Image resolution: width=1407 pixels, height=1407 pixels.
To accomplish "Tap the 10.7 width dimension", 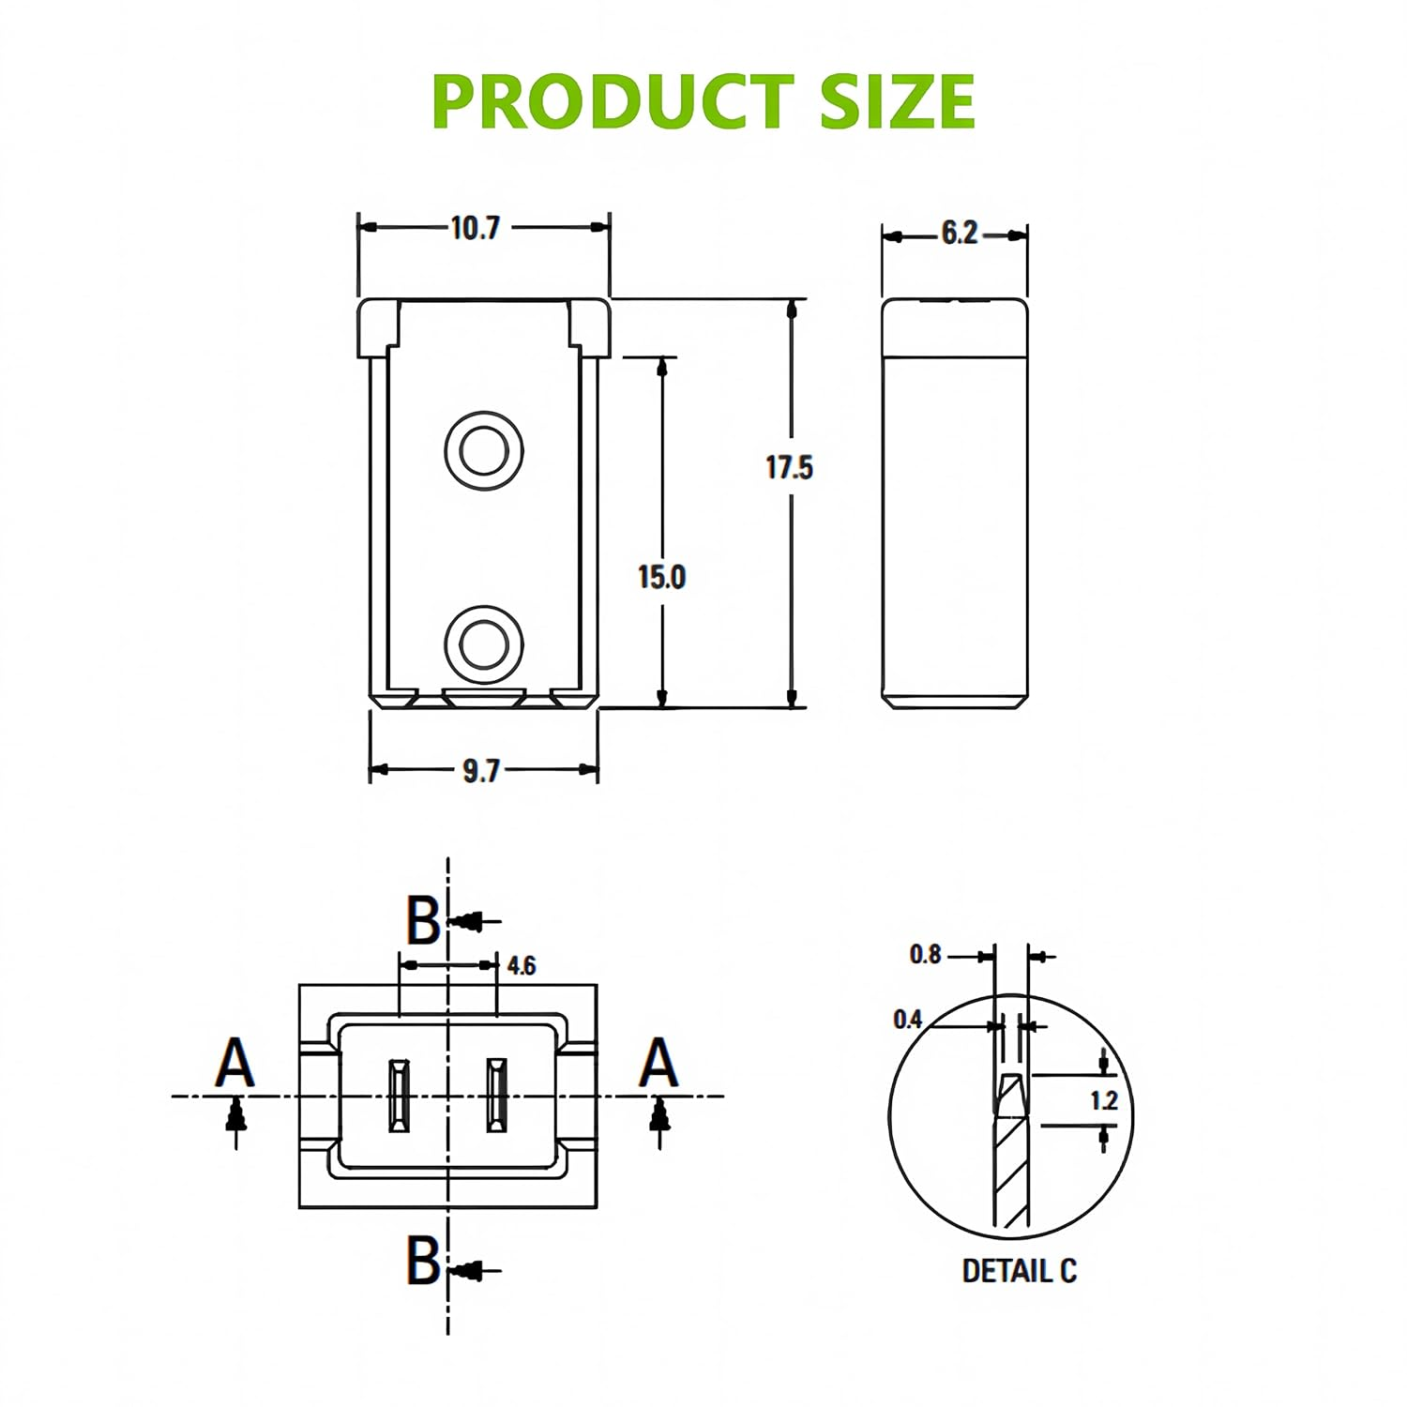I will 476,228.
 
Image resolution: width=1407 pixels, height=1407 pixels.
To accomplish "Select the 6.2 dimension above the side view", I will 959,233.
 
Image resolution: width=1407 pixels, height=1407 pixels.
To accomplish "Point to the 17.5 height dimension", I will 789,467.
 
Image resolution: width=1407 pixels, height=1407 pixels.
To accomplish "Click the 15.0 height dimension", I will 661,577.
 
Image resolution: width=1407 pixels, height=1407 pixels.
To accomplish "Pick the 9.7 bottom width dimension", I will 481,770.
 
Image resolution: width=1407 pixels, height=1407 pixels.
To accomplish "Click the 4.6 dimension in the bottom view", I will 521,965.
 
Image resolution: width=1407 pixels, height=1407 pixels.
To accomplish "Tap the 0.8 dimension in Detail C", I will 925,955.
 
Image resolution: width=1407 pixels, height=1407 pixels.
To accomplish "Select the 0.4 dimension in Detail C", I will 908,1020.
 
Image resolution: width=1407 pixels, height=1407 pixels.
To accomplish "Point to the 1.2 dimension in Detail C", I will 1104,1100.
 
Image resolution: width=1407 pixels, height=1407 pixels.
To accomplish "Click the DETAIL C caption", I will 1019,1271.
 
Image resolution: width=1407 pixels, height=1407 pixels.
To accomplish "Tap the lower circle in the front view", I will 483,643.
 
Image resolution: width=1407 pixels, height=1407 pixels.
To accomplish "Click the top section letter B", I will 422,920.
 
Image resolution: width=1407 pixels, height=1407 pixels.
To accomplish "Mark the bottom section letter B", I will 422,1260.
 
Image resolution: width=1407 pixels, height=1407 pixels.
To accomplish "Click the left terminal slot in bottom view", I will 399,1096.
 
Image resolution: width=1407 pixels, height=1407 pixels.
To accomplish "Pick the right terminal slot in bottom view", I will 495,1096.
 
